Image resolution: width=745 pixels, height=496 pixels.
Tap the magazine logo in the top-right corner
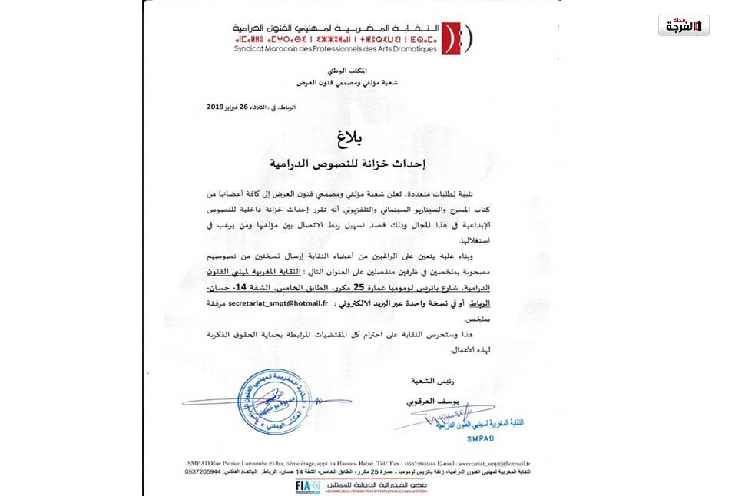tap(683, 25)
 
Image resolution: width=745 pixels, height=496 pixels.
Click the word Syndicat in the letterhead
tap(253, 48)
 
